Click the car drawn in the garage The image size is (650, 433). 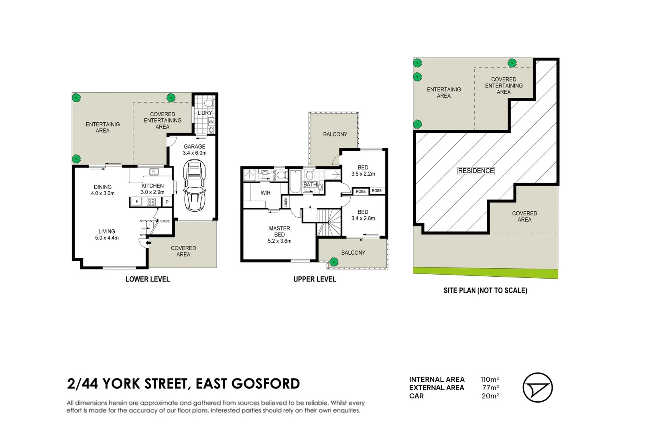195,186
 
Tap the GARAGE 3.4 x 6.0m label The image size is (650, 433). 195,150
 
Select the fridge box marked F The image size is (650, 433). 137,202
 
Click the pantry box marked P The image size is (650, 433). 167,202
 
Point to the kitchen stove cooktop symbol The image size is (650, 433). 151,202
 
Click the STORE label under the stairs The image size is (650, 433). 165,221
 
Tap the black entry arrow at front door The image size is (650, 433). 148,243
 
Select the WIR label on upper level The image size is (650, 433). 266,193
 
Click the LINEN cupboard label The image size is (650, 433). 286,202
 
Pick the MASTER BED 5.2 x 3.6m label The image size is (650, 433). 279,235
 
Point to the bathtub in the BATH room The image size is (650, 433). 296,182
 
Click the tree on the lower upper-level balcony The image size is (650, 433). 334,262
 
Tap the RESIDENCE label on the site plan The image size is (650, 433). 476,170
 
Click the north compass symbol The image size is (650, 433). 537,387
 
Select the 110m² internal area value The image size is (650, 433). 490,379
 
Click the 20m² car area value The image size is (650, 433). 490,396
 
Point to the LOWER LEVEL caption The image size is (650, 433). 147,279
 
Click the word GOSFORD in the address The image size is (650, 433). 266,383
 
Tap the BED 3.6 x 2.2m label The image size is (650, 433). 363,170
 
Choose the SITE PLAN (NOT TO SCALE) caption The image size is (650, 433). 485,290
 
